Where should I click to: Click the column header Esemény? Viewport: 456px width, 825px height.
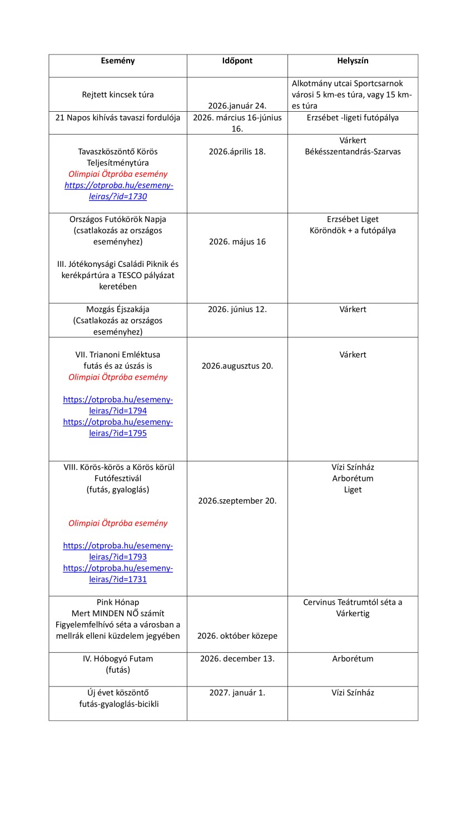pos(117,61)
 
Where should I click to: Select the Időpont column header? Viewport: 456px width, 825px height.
pos(237,61)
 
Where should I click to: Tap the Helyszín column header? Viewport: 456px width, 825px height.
pos(353,61)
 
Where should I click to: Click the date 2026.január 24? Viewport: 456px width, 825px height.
pos(237,106)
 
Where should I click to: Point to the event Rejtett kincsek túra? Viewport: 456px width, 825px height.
pos(117,95)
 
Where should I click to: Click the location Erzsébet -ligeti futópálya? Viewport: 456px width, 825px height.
pos(353,117)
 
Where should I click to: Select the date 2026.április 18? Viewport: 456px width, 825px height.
pos(237,151)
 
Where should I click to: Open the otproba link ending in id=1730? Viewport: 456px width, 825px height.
pos(118,191)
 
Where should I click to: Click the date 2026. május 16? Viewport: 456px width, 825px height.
pos(237,242)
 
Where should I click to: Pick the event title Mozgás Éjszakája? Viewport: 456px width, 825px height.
pos(117,309)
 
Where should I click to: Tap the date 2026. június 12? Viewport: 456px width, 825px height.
pos(237,309)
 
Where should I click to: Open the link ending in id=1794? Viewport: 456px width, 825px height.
pos(118,405)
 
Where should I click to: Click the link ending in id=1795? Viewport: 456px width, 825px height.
pos(118,428)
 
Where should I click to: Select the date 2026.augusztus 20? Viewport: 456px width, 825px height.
pos(237,366)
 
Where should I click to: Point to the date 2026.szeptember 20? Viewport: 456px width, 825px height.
pos(237,500)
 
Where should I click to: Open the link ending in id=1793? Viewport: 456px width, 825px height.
pos(118,551)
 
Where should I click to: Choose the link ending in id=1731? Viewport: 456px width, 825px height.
pos(118,574)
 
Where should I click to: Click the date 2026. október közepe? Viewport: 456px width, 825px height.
pos(237,636)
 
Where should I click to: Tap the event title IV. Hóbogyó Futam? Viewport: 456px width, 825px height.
pos(117,659)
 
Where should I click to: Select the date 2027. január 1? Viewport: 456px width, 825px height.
pos(237,693)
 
